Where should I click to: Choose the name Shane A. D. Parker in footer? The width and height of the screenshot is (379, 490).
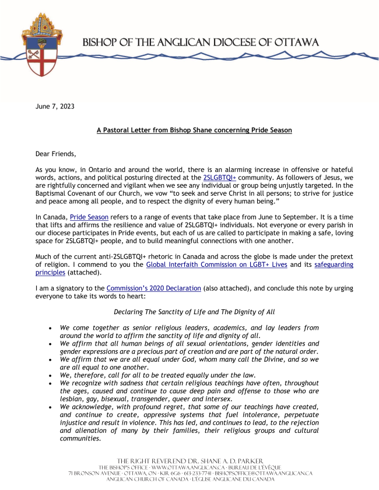(225, 461)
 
